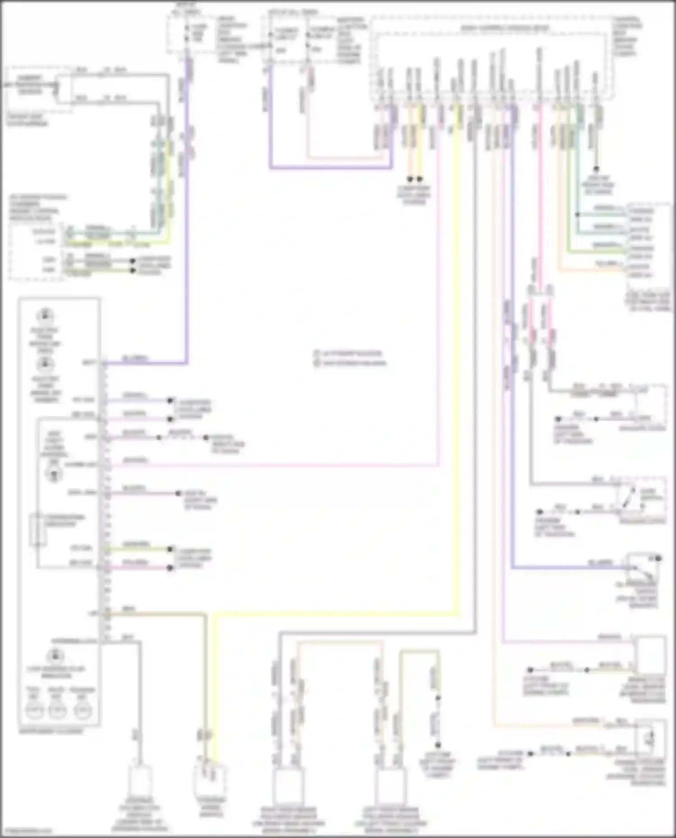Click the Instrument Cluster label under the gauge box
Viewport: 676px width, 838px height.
(x=51, y=731)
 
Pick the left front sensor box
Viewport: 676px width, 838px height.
(x=390, y=787)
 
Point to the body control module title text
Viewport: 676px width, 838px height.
(x=504, y=28)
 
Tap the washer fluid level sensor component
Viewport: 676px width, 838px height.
(x=649, y=739)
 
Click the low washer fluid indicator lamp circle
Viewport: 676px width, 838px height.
(x=55, y=655)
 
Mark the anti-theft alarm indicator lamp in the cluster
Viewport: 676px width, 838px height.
(x=54, y=474)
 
